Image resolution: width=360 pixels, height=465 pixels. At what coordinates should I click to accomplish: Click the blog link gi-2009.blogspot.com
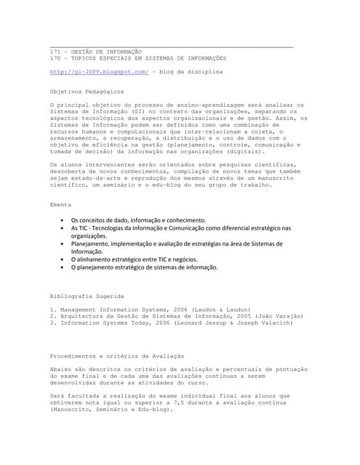(x=99, y=73)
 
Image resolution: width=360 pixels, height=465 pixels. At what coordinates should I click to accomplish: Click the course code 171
(x=55, y=53)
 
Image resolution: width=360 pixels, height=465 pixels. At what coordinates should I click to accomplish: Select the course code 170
(x=55, y=59)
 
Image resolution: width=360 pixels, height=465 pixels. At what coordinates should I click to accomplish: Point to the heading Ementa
(x=60, y=204)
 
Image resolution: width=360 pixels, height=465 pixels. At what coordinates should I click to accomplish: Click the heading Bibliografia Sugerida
(x=87, y=296)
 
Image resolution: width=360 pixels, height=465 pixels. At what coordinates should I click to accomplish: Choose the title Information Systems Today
(x=99, y=323)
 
